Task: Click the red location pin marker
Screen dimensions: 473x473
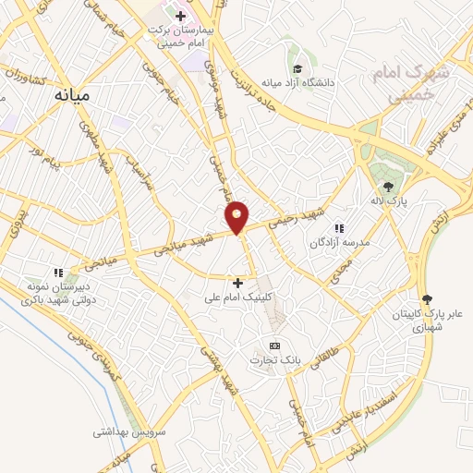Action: (x=237, y=217)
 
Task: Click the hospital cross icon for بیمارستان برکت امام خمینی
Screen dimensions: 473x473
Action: (x=180, y=15)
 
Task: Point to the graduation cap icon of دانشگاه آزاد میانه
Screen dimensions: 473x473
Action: (x=297, y=68)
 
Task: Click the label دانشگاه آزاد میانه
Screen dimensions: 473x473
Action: (x=297, y=86)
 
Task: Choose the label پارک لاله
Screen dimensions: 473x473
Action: (x=398, y=200)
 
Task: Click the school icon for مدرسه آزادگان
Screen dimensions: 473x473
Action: (x=339, y=227)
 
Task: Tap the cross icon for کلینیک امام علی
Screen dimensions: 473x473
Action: (x=238, y=283)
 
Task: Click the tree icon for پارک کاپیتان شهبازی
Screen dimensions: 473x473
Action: (x=426, y=298)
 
